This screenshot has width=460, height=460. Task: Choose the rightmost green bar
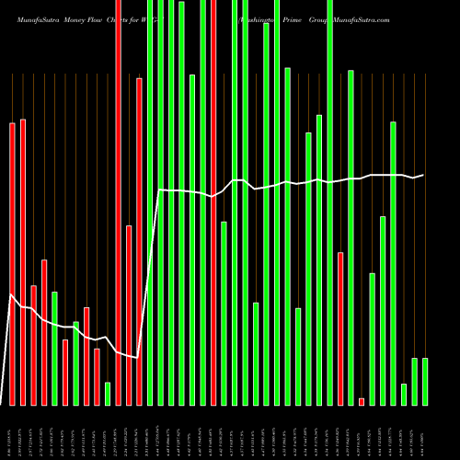[x=425, y=381]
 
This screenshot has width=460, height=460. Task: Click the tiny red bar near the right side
[x=362, y=401]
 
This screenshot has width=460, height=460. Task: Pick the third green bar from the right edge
[x=404, y=394]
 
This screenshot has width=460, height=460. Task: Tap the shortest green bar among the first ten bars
[x=108, y=393]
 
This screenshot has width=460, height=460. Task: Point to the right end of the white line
[x=423, y=175]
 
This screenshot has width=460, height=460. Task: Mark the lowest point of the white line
[x=139, y=357]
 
